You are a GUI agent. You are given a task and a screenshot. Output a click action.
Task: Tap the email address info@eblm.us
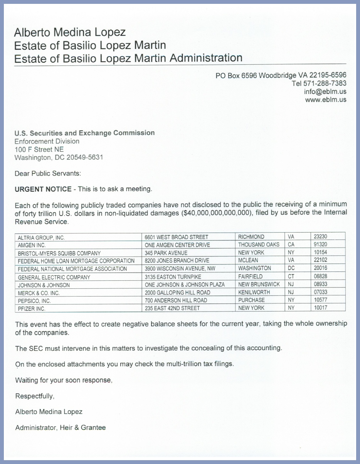pos(325,92)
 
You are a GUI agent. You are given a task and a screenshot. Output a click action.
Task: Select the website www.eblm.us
pos(326,100)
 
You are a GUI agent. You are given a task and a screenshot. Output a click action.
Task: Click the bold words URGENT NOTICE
pos(43,189)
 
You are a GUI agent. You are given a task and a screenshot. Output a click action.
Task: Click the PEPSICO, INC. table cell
pos(34,301)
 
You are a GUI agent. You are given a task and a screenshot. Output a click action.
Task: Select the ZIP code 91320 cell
pos(321,245)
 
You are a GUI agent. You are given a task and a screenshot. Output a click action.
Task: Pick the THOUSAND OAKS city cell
pos(259,245)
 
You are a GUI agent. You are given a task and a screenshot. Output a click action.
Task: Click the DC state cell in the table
pos(291,268)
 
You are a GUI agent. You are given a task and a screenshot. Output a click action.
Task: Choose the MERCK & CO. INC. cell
pos(39,293)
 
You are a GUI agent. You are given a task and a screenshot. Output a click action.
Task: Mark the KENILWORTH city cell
pos(254,292)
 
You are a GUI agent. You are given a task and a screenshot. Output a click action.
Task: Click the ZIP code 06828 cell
pos(321,276)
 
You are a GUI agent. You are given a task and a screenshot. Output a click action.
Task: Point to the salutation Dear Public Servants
pos(48,173)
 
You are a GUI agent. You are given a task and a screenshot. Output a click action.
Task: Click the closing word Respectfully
pos(35,396)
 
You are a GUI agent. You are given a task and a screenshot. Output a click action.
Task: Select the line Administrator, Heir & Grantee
pos(60,427)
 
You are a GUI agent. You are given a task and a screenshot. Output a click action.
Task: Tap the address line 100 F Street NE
pos(39,149)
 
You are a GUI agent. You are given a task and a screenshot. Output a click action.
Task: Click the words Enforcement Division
pos(47,141)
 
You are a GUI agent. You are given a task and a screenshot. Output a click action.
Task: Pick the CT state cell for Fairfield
pos(291,276)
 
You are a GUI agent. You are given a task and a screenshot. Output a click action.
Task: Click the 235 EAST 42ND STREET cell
pos(172,308)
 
